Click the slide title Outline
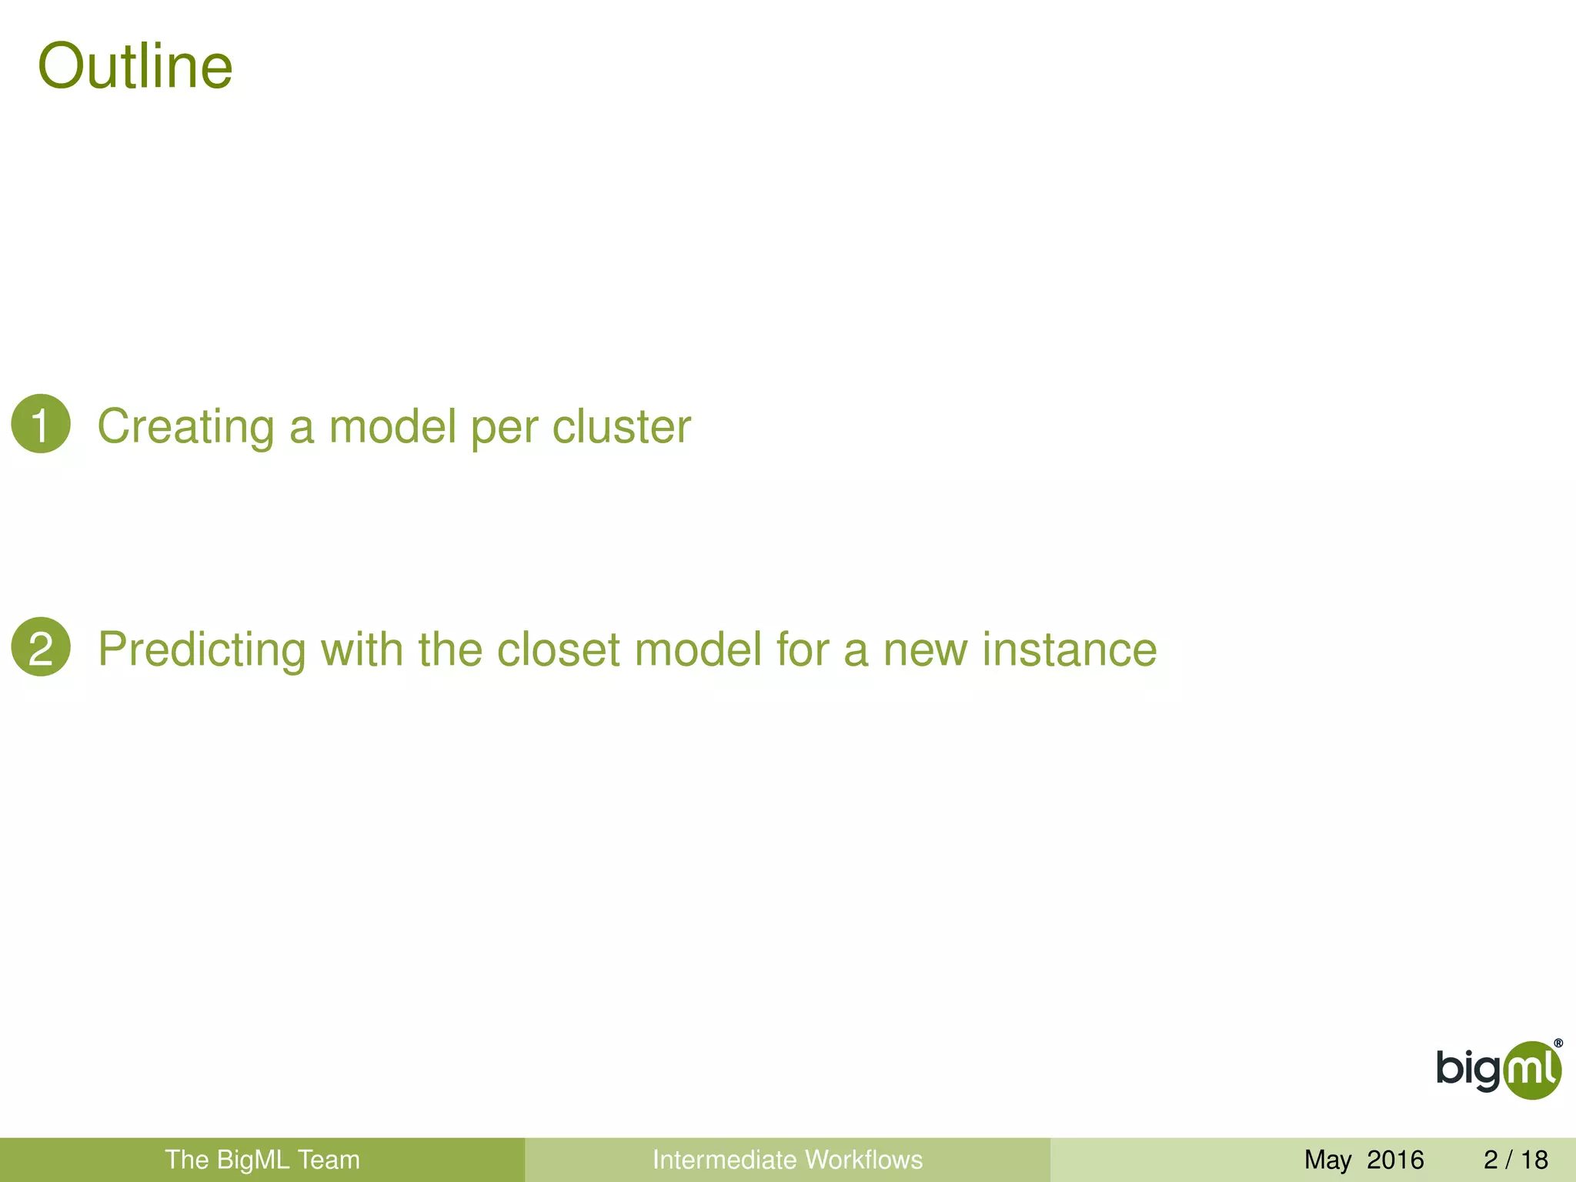click(x=135, y=66)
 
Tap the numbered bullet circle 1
click(x=41, y=424)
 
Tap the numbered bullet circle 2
click(x=41, y=647)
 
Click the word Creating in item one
click(x=185, y=426)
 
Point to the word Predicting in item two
click(x=202, y=649)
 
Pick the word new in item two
click(x=924, y=649)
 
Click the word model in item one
click(x=392, y=426)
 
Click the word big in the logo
click(x=1468, y=1070)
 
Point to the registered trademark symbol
click(x=1558, y=1043)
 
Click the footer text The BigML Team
click(x=262, y=1160)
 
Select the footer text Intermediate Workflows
click(x=787, y=1160)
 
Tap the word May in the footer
click(x=1327, y=1160)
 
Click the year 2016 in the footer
click(x=1395, y=1160)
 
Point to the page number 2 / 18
click(x=1515, y=1160)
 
